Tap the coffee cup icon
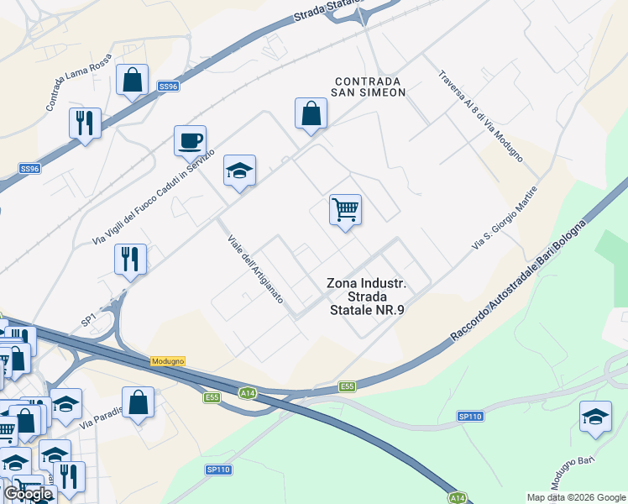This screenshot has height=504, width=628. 190,139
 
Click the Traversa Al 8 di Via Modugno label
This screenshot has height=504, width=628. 481,116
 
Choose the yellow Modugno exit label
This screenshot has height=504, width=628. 167,360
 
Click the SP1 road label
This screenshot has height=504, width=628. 88,320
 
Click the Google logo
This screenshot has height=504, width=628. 27,494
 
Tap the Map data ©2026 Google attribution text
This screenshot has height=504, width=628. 576,497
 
